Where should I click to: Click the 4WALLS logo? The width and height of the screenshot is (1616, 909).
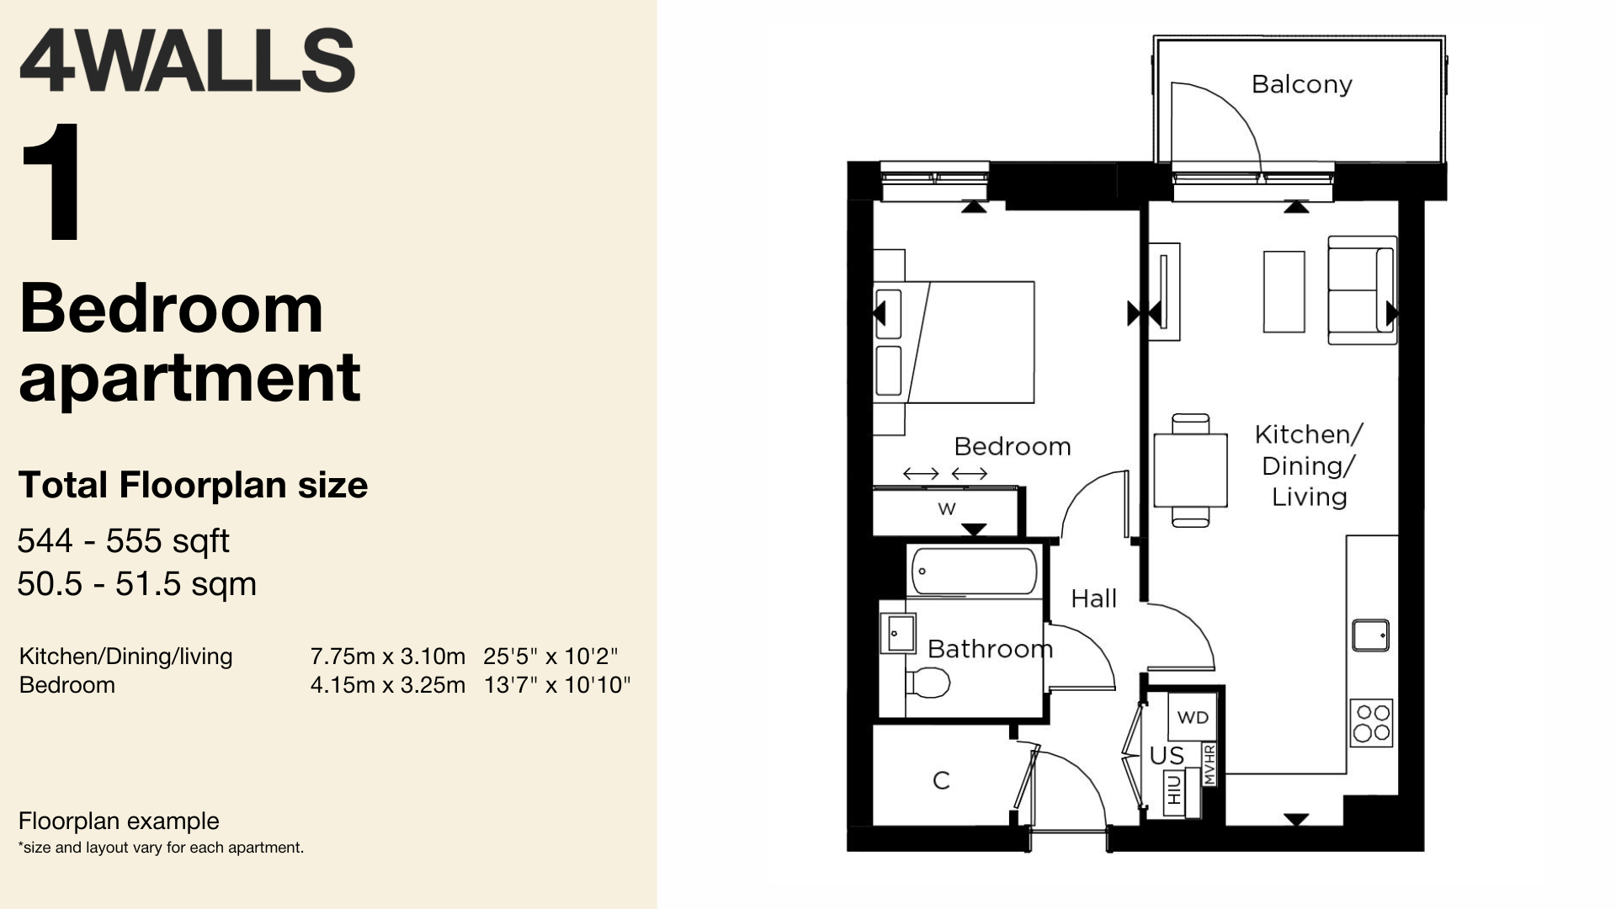coord(187,61)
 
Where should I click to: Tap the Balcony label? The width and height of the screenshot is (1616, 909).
coord(1301,84)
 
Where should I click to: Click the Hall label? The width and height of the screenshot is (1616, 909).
coord(1093,598)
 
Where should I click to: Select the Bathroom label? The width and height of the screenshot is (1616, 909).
coord(990,649)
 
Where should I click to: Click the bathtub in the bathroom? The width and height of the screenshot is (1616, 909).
coord(974,571)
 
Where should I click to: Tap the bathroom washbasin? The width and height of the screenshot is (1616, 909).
coord(897,632)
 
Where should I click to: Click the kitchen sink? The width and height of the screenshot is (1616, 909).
coord(1370,635)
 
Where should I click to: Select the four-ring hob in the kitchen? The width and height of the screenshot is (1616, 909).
coord(1371,723)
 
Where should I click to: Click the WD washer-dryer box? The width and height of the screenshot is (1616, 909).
coord(1193,717)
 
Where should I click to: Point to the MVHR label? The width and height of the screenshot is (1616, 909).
coord(1209,764)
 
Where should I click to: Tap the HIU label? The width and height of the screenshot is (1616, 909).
coord(1174,790)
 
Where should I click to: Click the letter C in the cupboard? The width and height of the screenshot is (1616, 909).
coord(941,781)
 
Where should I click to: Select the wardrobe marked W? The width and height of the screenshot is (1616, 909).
coord(946,511)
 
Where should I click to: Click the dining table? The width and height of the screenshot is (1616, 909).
coord(1190,470)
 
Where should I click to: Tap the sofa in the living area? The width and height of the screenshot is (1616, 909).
coord(1362,290)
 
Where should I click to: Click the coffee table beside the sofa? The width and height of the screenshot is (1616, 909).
coord(1284,291)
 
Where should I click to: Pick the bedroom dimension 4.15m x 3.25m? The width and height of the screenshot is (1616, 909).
coord(387,685)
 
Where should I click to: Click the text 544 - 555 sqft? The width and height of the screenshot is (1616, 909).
coord(123,541)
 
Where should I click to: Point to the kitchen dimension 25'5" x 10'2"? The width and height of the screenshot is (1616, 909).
coord(550,656)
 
